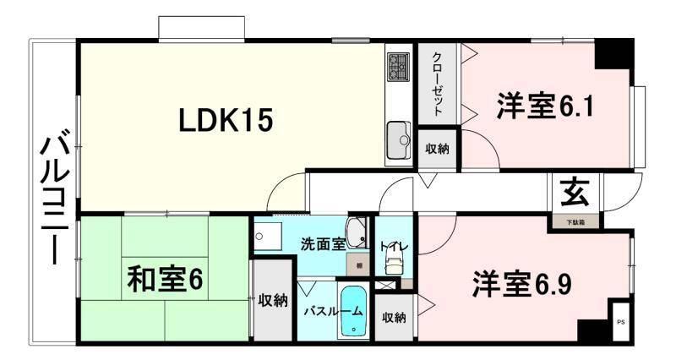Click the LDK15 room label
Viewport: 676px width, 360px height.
pos(225,122)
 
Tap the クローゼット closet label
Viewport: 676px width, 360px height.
pos(437,84)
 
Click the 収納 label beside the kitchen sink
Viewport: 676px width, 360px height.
pos(437,149)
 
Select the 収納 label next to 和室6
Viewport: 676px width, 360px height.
pos(273,300)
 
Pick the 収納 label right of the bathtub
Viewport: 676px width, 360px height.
pos(394,318)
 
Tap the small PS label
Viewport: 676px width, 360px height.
pos(620,322)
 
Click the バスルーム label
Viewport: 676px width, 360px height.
pos(334,311)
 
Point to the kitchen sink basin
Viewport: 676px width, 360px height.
pos(398,136)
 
